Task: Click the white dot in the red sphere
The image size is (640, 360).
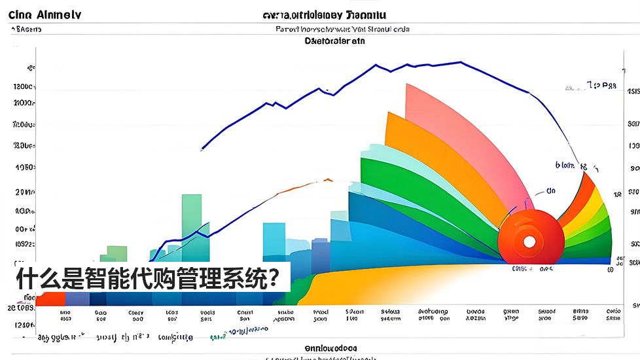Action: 529,242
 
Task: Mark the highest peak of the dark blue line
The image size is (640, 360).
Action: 460,62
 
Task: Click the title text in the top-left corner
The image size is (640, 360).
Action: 45,15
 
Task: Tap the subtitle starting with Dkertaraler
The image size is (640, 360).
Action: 335,41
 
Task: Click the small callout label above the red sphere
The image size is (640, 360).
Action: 551,191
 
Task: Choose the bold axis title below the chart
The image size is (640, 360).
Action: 331,348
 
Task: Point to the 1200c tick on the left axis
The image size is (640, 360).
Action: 24,86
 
